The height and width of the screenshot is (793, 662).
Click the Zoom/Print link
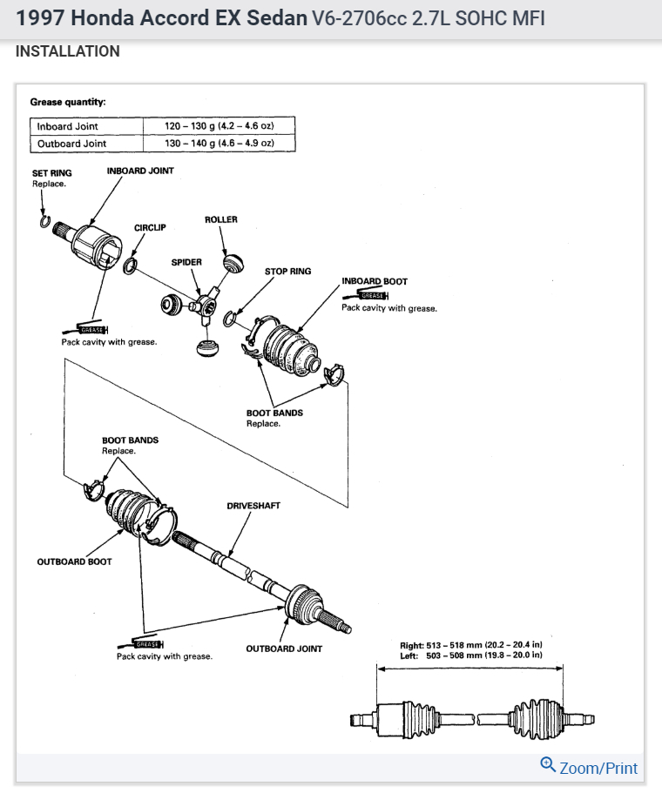pos(598,768)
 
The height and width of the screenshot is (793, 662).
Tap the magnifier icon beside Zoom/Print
pos(548,765)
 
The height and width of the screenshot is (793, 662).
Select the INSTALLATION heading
pos(68,51)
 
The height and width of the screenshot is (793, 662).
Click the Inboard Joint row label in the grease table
pos(68,126)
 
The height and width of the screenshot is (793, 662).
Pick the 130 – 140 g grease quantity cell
pos(220,143)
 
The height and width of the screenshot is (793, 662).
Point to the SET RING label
pos(52,173)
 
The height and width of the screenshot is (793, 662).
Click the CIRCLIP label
pos(150,227)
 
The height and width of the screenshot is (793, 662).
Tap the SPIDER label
pos(186,261)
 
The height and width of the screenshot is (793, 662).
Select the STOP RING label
pos(287,272)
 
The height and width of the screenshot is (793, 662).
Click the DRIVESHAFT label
pos(253,506)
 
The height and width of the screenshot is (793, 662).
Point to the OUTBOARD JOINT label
pos(284,649)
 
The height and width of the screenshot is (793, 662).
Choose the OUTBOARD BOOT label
pos(74,561)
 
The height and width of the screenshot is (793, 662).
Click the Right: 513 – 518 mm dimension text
pos(470,645)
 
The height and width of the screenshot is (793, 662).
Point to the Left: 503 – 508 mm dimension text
pos(470,655)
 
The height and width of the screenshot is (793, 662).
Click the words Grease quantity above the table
pos(68,102)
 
